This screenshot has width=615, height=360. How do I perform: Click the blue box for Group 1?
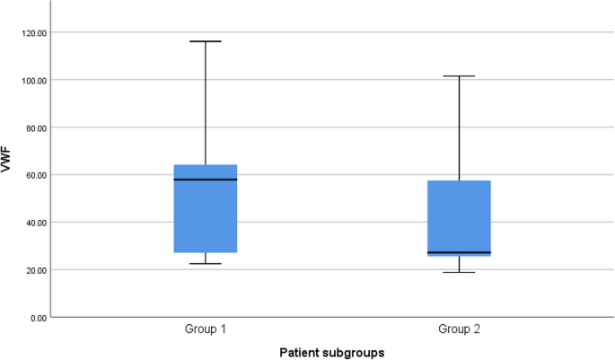tap(205, 208)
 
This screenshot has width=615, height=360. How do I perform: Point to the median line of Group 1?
tap(205, 180)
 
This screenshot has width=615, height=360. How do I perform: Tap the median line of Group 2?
tap(458, 252)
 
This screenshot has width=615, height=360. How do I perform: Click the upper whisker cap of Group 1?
tap(205, 41)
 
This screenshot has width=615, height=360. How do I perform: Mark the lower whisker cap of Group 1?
tap(205, 263)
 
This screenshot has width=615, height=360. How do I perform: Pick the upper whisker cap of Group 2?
tap(458, 76)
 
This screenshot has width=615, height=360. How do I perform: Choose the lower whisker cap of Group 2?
tap(458, 272)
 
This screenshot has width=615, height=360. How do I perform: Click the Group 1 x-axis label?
tap(205, 329)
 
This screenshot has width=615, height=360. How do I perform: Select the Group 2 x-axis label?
tap(458, 329)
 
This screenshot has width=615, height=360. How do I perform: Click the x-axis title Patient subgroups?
tap(331, 352)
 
